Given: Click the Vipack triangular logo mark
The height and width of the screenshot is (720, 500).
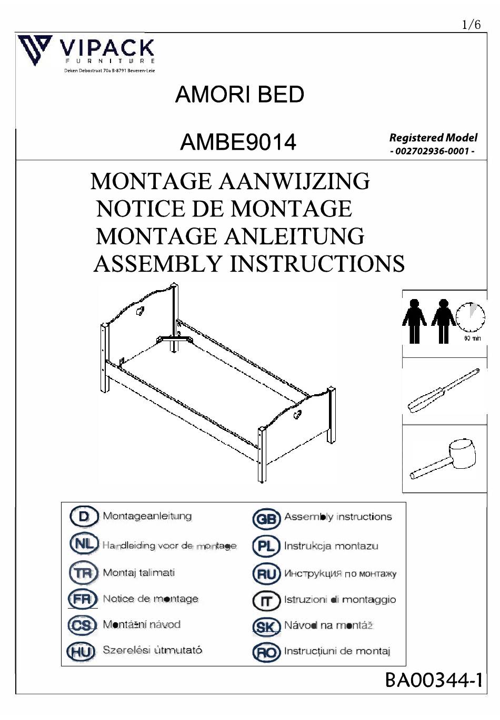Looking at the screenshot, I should [x=35, y=49].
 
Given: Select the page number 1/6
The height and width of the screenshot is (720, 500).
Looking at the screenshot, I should [x=471, y=24].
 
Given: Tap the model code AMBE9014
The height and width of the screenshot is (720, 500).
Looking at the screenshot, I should [x=238, y=142].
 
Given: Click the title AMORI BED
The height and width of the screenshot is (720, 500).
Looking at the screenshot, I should [x=239, y=95].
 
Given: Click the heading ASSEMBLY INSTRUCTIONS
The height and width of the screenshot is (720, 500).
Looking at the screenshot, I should [x=249, y=264].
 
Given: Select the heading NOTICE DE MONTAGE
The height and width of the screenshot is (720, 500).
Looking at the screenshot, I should [x=224, y=209].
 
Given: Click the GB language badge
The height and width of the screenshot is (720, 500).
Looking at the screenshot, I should [x=266, y=519].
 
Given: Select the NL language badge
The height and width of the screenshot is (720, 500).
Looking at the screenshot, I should [x=84, y=543].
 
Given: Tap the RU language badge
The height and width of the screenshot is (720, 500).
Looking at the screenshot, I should [x=266, y=574].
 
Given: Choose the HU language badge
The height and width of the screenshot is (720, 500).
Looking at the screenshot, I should [x=81, y=652].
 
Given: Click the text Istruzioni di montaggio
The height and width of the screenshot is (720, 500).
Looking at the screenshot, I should [x=339, y=600].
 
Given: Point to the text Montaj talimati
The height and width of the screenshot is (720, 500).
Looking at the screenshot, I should [x=138, y=572].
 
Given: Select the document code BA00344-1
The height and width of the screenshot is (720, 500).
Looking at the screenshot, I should [x=434, y=681].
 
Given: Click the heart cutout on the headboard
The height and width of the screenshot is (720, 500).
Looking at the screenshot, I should [x=141, y=311].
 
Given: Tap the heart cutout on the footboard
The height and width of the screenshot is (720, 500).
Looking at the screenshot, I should [x=297, y=414].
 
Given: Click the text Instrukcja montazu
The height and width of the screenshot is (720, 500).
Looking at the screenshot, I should [x=331, y=546].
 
